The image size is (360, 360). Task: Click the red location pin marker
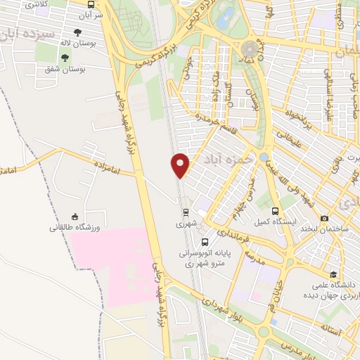coord(180,165)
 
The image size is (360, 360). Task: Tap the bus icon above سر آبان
coord(91,4)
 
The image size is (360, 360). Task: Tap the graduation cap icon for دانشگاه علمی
coord(333,274)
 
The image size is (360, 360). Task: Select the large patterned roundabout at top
coord(250,50)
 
